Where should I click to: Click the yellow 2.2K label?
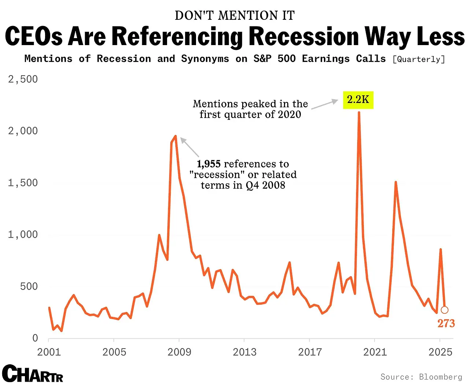358,100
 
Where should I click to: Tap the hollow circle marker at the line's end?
444,310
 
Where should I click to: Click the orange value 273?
446,323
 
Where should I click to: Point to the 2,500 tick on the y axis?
23,79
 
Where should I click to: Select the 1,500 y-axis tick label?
23,183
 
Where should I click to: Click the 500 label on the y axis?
29,286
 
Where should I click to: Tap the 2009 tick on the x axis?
179,352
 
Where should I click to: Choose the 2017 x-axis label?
310,352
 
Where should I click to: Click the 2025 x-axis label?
440,352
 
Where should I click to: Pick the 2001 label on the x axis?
49,352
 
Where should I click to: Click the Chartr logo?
32,374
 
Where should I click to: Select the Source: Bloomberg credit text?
421,377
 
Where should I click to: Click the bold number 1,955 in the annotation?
208,164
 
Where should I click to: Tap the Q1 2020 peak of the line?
359,113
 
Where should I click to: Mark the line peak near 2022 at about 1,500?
396,182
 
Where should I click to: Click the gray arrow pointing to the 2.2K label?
325,104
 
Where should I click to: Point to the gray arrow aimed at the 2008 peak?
189,147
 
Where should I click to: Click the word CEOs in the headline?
34,37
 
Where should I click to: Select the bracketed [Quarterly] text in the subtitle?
418,59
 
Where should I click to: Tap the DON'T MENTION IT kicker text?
234,16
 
